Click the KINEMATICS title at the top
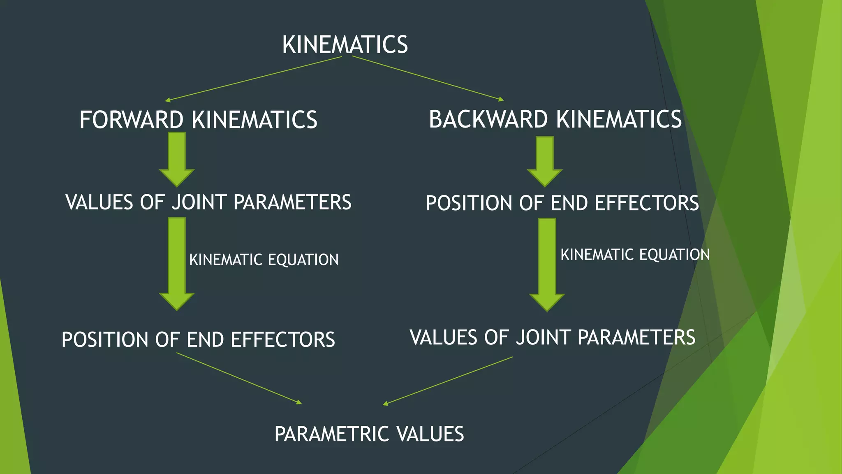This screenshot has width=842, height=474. [x=345, y=44]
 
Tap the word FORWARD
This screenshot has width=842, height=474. [x=131, y=120]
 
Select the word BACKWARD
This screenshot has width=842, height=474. [x=488, y=119]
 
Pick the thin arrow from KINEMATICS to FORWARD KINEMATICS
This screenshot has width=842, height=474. [x=253, y=79]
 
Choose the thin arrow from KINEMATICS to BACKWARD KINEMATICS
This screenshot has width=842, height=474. [x=428, y=78]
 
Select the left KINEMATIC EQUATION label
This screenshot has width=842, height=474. [x=264, y=260]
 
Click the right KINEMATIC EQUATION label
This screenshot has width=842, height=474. [x=635, y=255]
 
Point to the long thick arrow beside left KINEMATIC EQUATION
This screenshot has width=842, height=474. [x=177, y=263]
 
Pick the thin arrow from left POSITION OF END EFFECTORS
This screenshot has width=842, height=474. [x=239, y=378]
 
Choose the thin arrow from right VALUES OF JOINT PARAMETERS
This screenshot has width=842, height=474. [x=448, y=381]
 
